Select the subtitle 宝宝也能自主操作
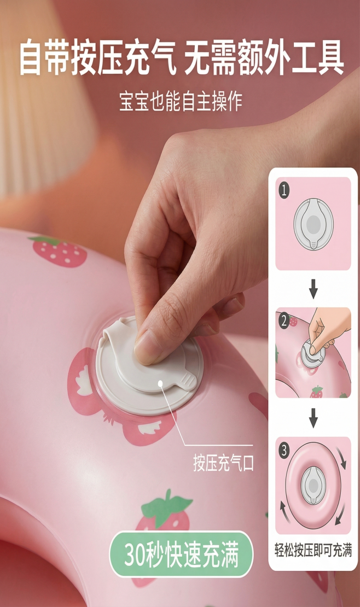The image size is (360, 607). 181,101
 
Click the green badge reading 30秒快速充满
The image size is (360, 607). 181,555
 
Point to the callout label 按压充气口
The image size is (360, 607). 224,463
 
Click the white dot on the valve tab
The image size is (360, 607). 160,383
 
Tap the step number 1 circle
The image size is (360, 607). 284,190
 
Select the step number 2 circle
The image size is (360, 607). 284,321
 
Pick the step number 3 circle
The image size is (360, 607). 284,450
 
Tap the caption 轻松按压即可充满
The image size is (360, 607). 313,550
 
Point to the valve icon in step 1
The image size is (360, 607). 313,224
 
